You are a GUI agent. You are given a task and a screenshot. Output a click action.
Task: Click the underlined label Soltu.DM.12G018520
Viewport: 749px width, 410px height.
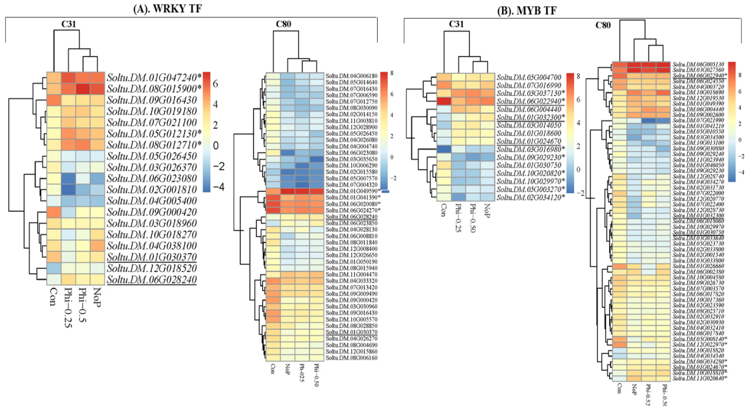pos(152,268)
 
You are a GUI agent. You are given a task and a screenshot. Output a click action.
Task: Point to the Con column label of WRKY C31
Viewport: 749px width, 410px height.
pos(53,297)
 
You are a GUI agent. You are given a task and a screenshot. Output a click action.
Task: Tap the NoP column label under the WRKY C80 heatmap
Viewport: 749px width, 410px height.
pos(287,369)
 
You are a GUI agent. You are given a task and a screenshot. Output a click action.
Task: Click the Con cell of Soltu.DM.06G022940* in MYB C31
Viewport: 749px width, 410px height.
pos(444,101)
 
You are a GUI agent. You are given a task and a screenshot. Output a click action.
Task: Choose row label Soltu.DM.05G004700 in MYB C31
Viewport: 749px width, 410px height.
pos(529,77)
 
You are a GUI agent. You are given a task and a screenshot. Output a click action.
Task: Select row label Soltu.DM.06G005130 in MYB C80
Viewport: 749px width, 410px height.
pos(698,64)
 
